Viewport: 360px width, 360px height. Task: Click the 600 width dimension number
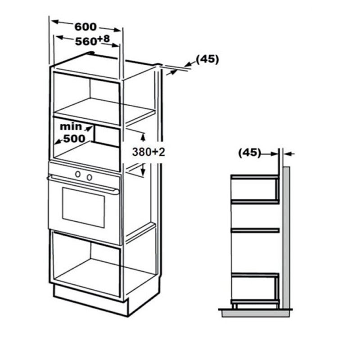tap(85, 27)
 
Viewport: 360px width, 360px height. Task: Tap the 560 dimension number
tap(86, 41)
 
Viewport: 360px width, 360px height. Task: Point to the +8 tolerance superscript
tap(103, 39)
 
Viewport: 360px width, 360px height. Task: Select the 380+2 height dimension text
tap(148, 152)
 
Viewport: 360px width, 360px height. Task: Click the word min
tap(71, 126)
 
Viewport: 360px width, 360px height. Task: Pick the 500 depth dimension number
tap(74, 139)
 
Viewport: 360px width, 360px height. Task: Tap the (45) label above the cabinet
tap(207, 59)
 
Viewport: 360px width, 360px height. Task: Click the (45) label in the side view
tap(250, 153)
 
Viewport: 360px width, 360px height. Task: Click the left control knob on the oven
tap(78, 174)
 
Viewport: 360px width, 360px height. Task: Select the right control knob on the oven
tap(90, 177)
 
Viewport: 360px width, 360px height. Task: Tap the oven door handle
tap(83, 184)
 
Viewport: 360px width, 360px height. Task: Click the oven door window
tap(84, 207)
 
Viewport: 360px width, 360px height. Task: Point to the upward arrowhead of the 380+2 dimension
tap(143, 137)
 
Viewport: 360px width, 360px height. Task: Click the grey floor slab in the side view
tap(255, 314)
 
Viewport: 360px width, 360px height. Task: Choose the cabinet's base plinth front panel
tap(90, 300)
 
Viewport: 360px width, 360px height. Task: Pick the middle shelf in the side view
tap(255, 230)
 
